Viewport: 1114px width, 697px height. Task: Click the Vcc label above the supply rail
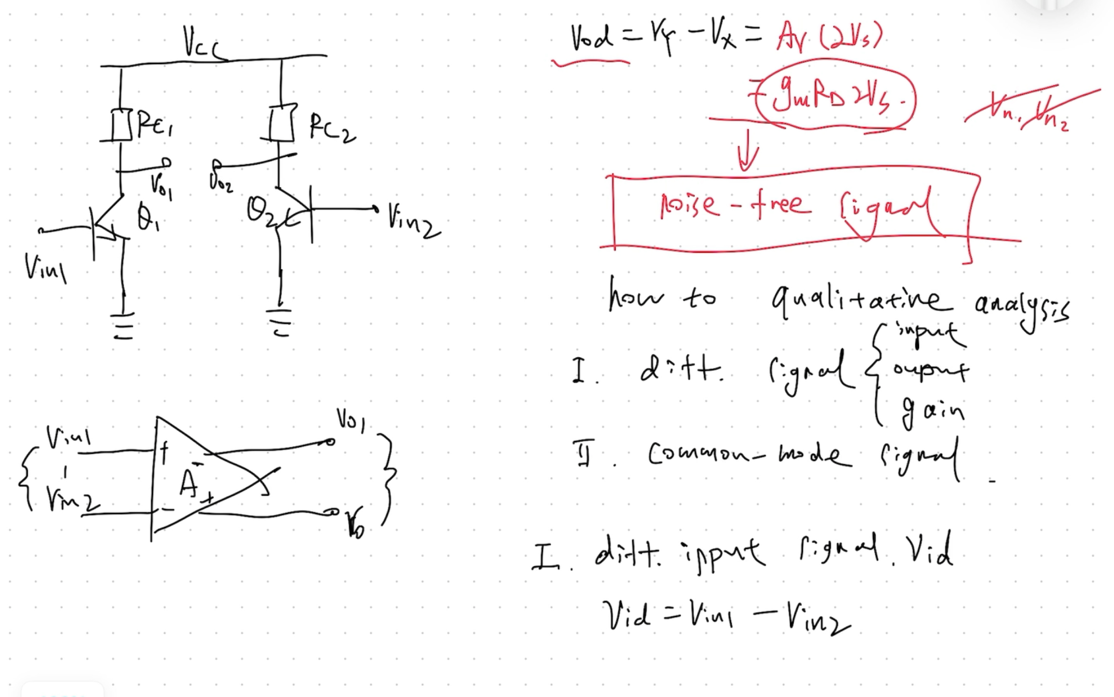[x=201, y=44]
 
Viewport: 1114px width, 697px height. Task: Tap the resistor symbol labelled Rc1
[x=121, y=125]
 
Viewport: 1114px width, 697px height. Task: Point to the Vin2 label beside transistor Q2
[x=413, y=222]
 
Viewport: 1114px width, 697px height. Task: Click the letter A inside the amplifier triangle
[x=189, y=483]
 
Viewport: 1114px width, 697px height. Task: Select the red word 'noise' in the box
[x=689, y=205]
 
